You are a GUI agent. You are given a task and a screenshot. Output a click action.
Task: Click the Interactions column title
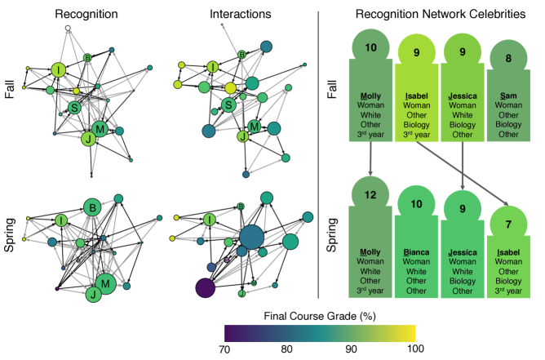coord(236,14)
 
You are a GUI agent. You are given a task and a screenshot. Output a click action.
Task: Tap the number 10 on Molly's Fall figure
coord(370,49)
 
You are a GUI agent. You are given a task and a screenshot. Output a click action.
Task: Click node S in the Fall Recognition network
coord(74,108)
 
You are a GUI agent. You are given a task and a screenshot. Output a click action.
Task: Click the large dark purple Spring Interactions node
coord(205,288)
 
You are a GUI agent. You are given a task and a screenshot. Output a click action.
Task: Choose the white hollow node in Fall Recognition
coord(69,29)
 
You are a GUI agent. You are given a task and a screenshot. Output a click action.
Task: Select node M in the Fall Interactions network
coord(255,126)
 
